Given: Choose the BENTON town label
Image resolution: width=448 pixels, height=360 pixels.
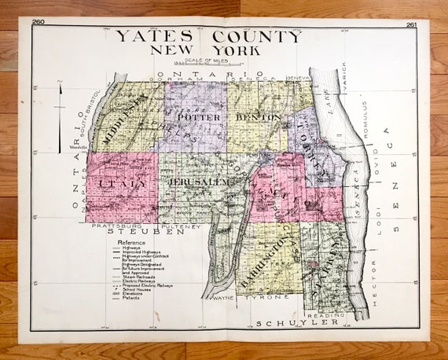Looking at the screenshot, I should (258, 117).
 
